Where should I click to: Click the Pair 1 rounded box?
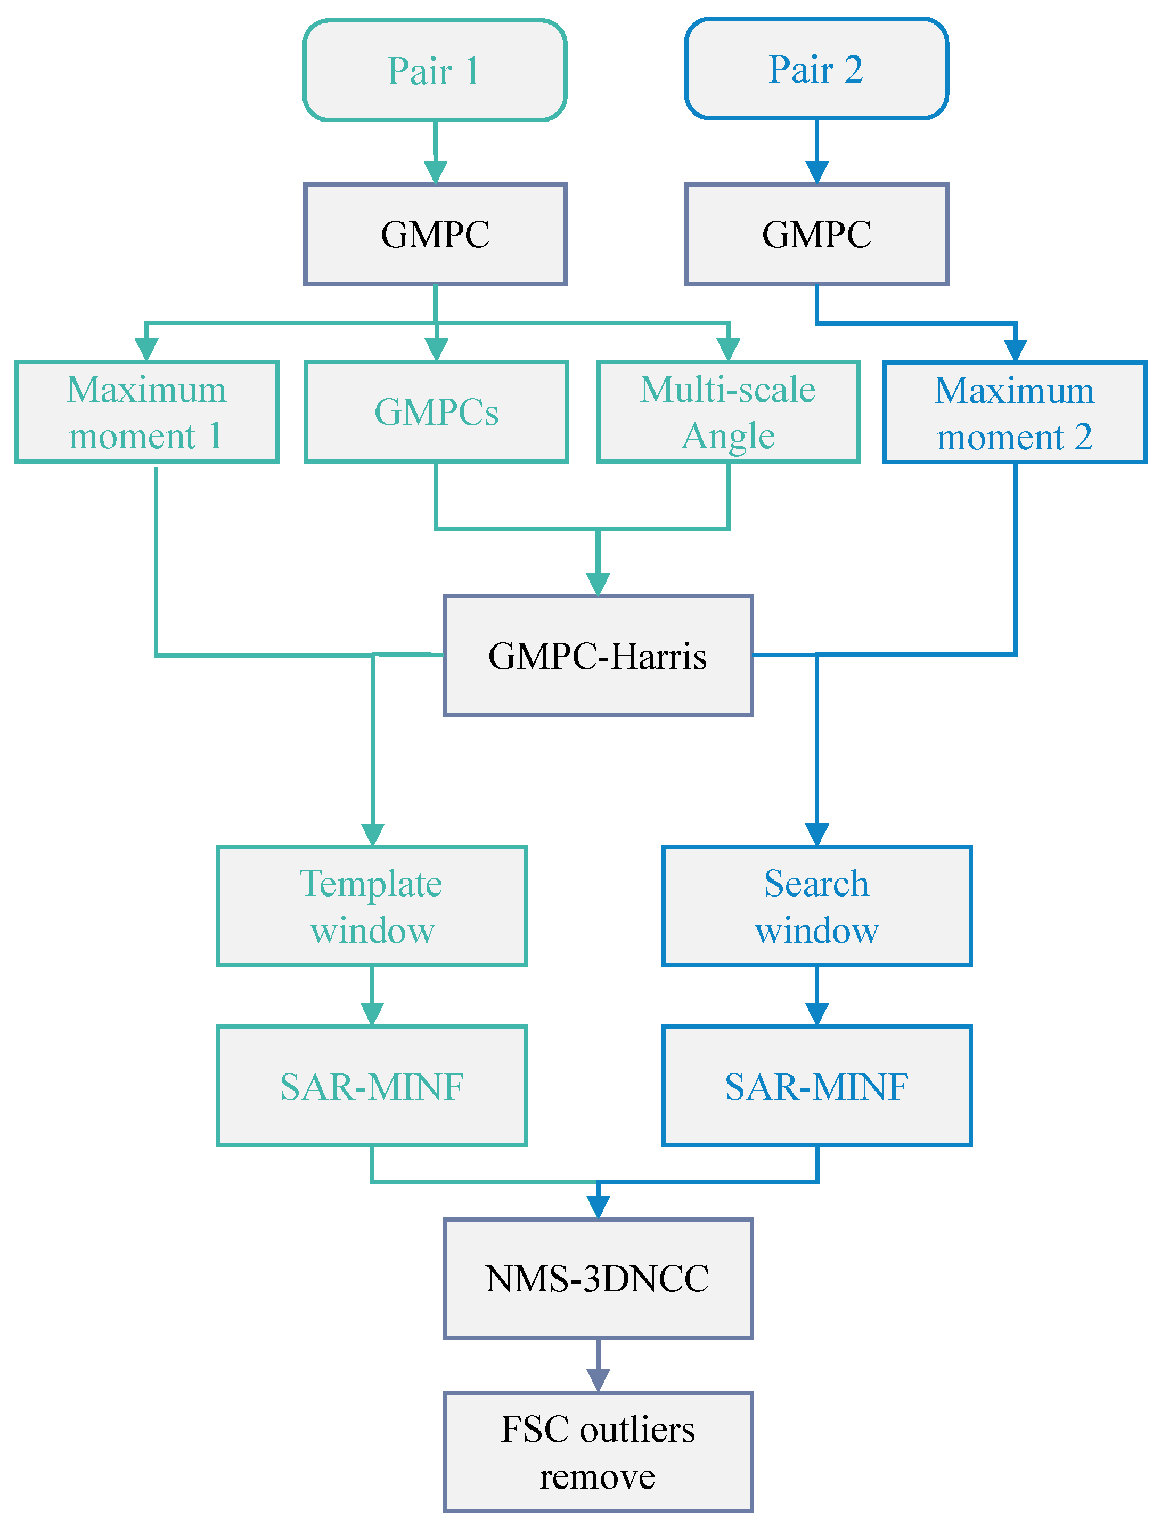tap(435, 70)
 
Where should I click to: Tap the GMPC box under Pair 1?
tap(435, 235)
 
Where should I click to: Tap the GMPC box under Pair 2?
tap(816, 235)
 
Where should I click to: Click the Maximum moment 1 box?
tap(146, 412)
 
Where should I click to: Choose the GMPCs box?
tap(436, 412)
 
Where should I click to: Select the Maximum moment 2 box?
tap(1015, 413)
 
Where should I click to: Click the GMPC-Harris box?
tap(598, 656)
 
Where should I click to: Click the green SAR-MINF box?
tap(372, 1086)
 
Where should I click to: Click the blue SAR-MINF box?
tap(817, 1086)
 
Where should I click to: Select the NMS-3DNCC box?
tap(598, 1279)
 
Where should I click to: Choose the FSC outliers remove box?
tap(598, 1452)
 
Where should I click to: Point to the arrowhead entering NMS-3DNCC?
tap(598, 1207)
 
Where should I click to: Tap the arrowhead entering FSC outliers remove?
tap(598, 1380)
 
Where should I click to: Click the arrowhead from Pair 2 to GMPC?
tap(817, 172)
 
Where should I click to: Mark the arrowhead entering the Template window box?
tap(372, 835)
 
